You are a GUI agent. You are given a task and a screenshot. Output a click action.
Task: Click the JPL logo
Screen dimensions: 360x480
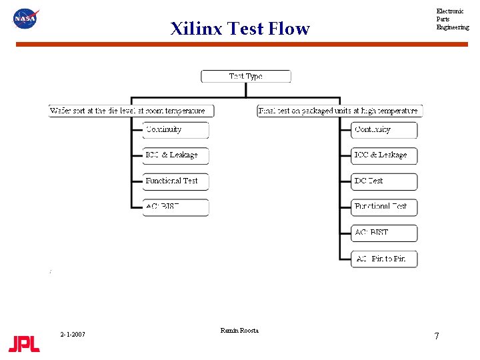pyautogui.click(x=24, y=344)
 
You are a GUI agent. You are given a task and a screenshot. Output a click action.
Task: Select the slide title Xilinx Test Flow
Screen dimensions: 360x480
pyautogui.click(x=240, y=29)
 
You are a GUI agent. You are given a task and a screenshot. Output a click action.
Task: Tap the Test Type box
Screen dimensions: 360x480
pyautogui.click(x=246, y=77)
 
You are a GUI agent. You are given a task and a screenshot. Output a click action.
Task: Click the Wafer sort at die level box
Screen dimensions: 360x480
pyautogui.click(x=127, y=111)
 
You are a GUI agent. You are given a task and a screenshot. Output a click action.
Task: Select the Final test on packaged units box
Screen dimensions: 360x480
pyautogui.click(x=340, y=111)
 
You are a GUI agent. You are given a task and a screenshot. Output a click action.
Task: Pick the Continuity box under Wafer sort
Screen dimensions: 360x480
pyautogui.click(x=175, y=130)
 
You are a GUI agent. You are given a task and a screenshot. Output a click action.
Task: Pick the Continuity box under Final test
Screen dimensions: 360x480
pyautogui.click(x=384, y=130)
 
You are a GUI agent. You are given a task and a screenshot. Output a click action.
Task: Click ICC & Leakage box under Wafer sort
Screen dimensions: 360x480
pyautogui.click(x=175, y=155)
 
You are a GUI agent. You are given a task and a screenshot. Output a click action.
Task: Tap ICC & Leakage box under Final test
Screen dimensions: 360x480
pyautogui.click(x=384, y=155)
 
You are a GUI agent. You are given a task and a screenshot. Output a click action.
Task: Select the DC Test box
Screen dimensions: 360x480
pyautogui.click(x=384, y=181)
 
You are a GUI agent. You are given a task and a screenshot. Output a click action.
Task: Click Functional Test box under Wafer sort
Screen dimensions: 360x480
pyautogui.click(x=175, y=181)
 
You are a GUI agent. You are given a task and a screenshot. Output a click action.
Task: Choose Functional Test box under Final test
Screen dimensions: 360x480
pyautogui.click(x=384, y=207)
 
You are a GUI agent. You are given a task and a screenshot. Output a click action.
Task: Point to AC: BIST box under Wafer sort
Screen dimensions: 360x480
pyautogui.click(x=175, y=207)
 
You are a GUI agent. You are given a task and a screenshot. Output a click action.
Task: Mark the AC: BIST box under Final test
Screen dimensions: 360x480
pyautogui.click(x=384, y=233)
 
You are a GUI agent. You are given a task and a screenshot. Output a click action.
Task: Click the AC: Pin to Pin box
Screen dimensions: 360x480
pyautogui.click(x=384, y=259)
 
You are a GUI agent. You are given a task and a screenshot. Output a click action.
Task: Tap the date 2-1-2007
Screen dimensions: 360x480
pyautogui.click(x=72, y=334)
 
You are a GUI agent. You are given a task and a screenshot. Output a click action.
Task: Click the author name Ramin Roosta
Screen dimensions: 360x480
pyautogui.click(x=239, y=331)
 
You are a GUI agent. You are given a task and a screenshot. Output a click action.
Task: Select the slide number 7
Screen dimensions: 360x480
pyautogui.click(x=437, y=336)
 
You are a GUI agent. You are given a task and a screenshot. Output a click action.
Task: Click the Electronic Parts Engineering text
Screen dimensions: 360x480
pyautogui.click(x=452, y=19)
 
